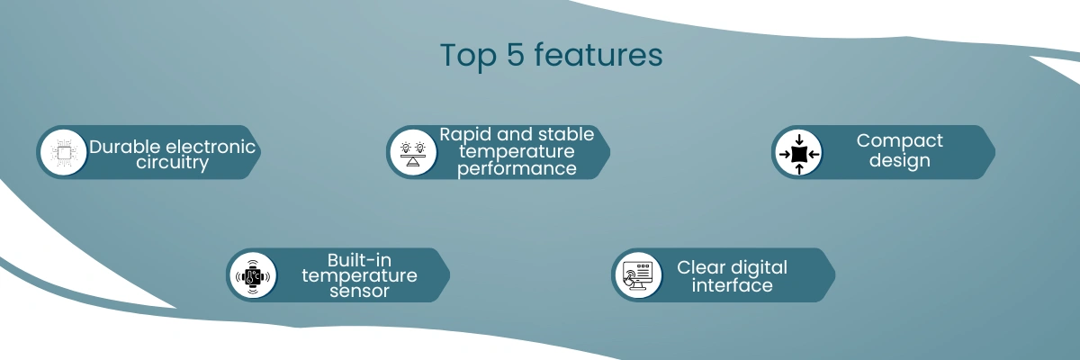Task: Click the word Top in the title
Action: click(468, 56)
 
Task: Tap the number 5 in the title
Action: click(516, 55)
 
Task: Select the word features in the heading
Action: click(598, 54)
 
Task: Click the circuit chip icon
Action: click(64, 152)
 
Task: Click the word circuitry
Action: click(172, 163)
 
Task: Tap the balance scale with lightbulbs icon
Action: click(413, 153)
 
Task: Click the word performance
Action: click(517, 169)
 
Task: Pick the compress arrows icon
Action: click(799, 154)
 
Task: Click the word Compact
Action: click(899, 141)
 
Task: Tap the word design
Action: click(900, 160)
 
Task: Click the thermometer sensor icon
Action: click(253, 276)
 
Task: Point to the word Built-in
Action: click(359, 260)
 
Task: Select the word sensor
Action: click(359, 291)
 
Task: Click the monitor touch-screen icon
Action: click(637, 275)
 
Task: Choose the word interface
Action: click(732, 285)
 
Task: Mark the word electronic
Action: click(211, 147)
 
